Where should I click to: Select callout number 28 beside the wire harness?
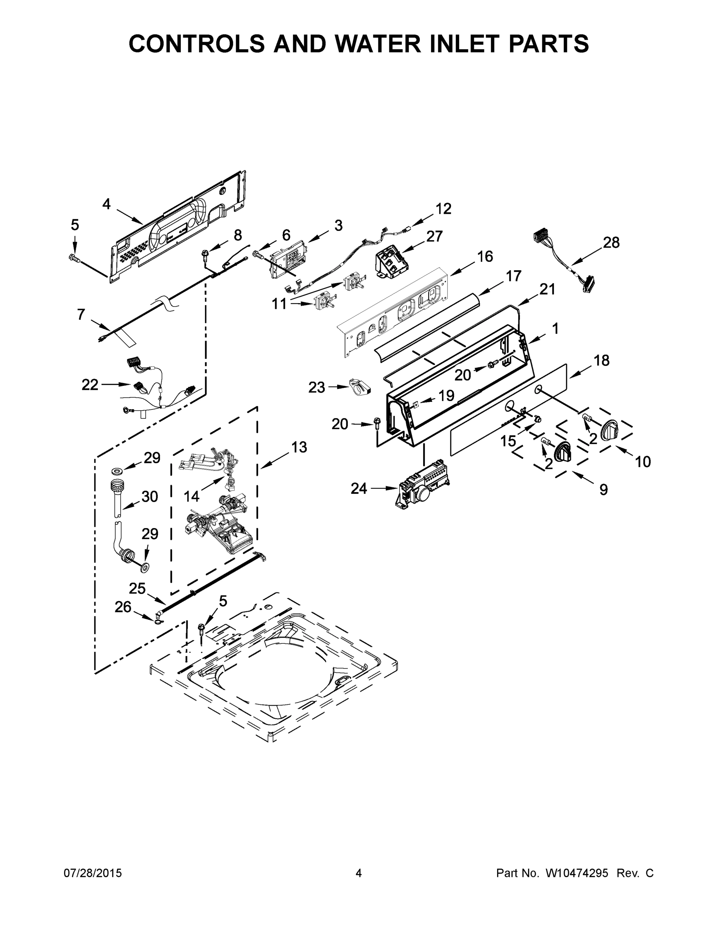611,242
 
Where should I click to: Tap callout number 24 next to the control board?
359,489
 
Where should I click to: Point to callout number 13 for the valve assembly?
299,447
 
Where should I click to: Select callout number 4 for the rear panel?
106,205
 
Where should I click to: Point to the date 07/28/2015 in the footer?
93,873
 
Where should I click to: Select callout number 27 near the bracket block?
434,236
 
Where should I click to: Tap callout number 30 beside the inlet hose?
150,496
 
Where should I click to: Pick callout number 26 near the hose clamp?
123,607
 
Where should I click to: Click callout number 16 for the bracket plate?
485,256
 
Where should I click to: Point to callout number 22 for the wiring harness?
90,385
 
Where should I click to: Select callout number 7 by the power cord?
81,314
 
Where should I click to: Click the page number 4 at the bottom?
359,873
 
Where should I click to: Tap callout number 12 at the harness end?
443,209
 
